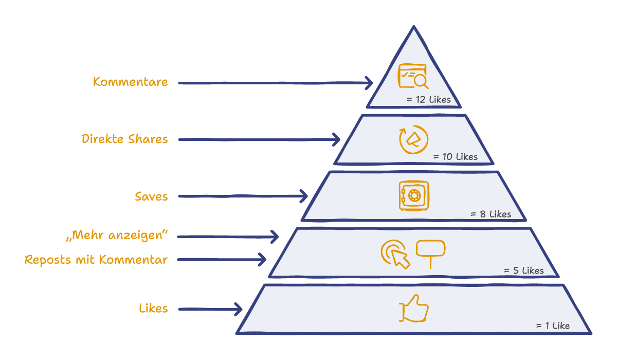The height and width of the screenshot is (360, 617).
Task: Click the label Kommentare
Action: (130, 82)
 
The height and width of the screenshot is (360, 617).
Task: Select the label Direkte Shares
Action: (124, 139)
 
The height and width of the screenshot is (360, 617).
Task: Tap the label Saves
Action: (151, 196)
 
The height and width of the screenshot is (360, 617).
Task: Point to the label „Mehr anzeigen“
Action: (117, 236)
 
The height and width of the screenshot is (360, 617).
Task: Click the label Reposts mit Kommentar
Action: (96, 260)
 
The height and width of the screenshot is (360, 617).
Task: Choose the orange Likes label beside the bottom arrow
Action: (153, 308)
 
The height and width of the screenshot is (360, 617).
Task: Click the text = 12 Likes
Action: (429, 99)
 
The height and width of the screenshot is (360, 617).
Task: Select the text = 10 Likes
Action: (456, 157)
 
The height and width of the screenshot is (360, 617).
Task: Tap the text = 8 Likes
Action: (491, 214)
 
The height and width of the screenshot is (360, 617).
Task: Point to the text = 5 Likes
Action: (524, 271)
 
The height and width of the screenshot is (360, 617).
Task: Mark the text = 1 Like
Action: (553, 326)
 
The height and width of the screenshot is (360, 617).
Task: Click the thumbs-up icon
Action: (414, 308)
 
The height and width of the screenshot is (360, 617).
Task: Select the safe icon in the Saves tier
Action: (414, 196)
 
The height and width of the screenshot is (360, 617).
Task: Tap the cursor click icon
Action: (395, 254)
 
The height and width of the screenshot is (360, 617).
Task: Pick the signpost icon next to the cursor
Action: (430, 254)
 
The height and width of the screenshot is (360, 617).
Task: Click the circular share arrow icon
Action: (413, 139)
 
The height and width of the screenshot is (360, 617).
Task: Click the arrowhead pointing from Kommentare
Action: (369, 83)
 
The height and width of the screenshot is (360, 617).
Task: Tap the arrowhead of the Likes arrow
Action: (239, 309)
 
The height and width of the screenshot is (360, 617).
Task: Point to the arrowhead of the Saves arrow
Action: (304, 196)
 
